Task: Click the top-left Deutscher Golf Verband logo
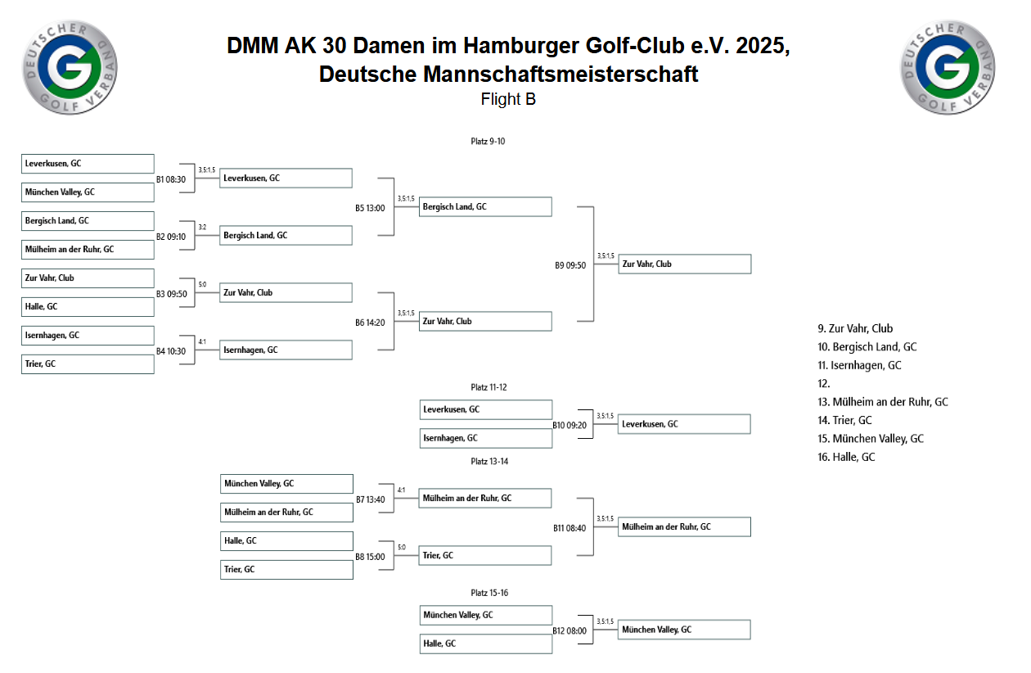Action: (70, 67)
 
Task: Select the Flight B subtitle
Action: (508, 99)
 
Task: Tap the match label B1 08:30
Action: (171, 179)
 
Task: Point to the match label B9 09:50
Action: (570, 265)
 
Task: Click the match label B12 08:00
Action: (570, 630)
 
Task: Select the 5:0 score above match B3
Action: (202, 284)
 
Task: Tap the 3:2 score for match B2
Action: (202, 227)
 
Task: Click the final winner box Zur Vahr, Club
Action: (684, 264)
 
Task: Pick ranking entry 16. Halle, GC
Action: (846, 457)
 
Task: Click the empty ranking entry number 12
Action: (824, 383)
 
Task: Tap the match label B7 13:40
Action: (370, 499)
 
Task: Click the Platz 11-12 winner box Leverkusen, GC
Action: (684, 423)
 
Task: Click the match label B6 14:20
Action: (370, 323)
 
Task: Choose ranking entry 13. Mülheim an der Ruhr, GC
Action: (882, 402)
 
